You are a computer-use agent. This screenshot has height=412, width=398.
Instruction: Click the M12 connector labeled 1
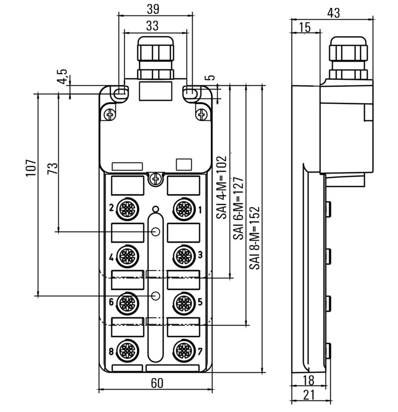184,209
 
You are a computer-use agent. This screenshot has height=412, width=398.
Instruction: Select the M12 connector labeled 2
127,209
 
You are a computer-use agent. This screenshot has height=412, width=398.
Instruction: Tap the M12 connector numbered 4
127,256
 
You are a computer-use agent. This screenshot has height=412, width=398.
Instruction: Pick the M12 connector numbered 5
184,303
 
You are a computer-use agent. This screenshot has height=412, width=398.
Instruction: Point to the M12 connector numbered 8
127,350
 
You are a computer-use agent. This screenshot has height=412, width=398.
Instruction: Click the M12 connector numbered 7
184,350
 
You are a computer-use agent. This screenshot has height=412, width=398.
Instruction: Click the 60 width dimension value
157,383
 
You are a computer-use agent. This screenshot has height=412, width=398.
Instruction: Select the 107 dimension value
31,168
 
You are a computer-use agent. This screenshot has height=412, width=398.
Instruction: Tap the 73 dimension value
52,169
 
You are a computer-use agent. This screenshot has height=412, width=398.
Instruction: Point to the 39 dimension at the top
153,9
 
